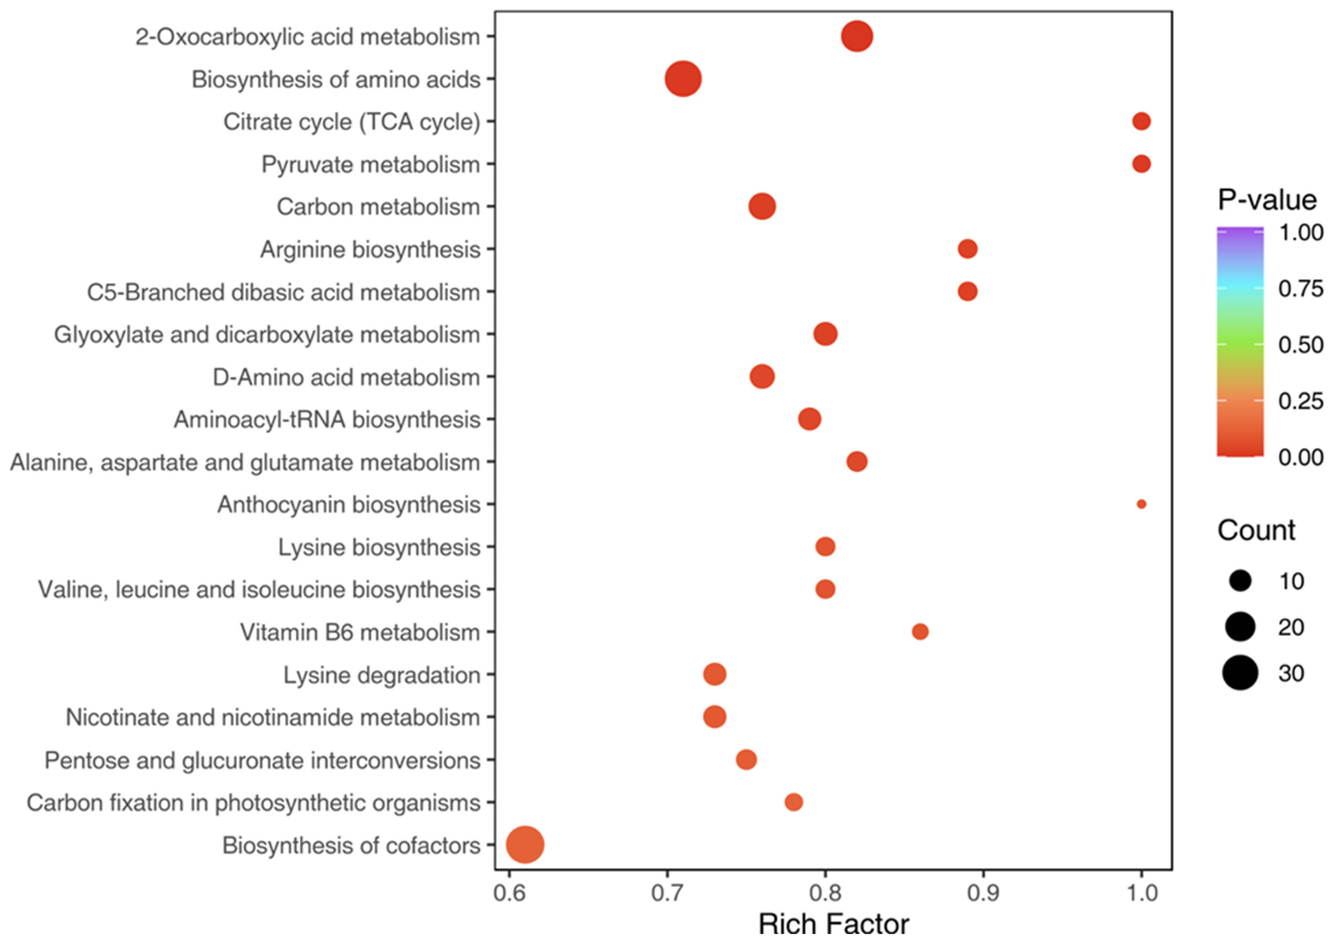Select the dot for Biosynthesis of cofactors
[525, 845]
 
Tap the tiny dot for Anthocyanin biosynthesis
[1141, 504]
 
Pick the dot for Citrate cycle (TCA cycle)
[1141, 121]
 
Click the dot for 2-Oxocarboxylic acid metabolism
[856, 36]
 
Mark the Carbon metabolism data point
[762, 206]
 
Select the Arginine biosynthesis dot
[967, 249]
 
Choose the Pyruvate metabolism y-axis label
[370, 164]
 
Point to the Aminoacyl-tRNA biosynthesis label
[326, 420]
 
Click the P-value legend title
[1267, 200]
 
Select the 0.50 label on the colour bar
[1300, 344]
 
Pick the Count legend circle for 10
[1240, 581]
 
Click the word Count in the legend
[1256, 530]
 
